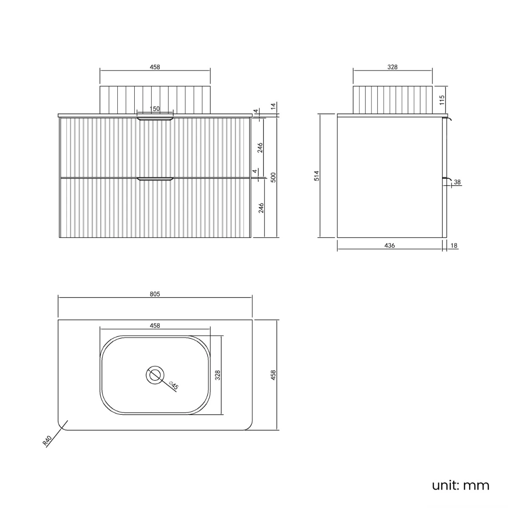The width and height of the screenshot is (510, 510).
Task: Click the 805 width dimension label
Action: click(x=155, y=294)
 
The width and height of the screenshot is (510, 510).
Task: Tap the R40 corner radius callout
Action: click(x=47, y=441)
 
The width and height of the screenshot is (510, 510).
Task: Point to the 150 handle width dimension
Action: click(x=155, y=109)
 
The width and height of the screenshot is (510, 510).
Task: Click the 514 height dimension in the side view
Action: click(x=317, y=176)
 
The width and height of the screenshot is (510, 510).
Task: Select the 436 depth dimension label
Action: click(x=390, y=246)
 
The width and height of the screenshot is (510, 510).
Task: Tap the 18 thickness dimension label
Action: click(x=453, y=246)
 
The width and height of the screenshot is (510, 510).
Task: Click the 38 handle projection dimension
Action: click(x=457, y=182)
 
